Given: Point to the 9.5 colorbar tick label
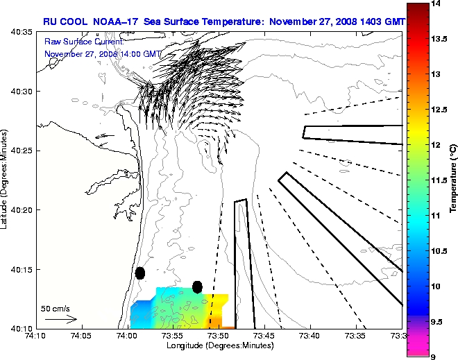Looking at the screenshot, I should [439, 322].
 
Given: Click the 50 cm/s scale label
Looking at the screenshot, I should [56, 308].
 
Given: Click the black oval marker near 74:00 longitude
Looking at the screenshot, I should [140, 273].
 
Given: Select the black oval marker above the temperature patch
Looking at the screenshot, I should [197, 286].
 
